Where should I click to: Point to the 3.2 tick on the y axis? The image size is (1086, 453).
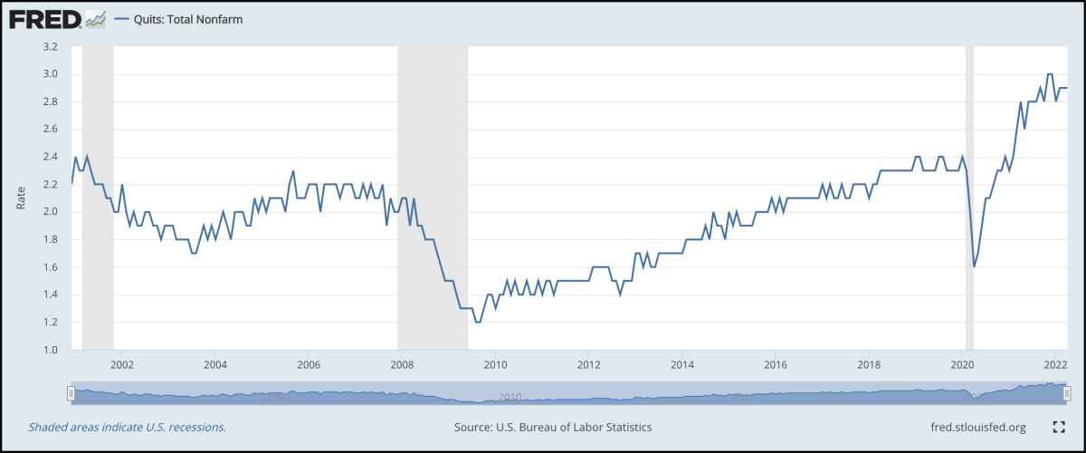point(50,46)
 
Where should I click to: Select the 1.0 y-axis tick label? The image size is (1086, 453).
point(50,350)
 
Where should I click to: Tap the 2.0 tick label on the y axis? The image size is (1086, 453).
point(50,212)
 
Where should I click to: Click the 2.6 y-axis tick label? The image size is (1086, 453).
point(50,130)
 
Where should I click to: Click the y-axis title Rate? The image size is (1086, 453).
point(20,198)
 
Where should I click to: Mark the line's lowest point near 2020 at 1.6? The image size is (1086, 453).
point(974,266)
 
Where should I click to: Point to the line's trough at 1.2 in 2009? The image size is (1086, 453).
point(477,322)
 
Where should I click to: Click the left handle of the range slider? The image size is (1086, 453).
point(71,393)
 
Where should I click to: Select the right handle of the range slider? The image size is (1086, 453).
point(1067,393)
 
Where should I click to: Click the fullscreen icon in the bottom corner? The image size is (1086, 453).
point(1059,427)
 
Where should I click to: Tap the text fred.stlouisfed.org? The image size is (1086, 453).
point(977,427)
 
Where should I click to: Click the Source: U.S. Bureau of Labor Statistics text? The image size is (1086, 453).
point(553,427)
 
